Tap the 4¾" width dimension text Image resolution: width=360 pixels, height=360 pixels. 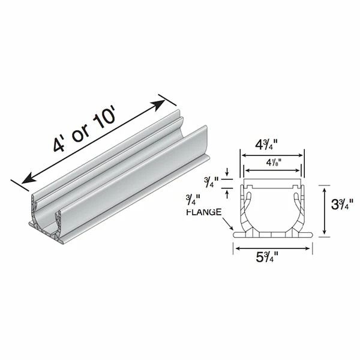click(x=266, y=145)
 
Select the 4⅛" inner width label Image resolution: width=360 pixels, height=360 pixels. click(x=274, y=163)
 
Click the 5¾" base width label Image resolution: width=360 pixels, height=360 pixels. click(x=267, y=257)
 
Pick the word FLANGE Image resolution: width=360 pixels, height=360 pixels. click(x=204, y=212)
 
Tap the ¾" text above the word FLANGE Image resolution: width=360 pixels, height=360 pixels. click(x=193, y=200)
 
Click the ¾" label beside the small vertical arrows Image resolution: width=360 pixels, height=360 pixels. click(x=212, y=183)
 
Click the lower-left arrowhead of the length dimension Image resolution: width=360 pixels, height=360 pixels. click(x=28, y=179)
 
